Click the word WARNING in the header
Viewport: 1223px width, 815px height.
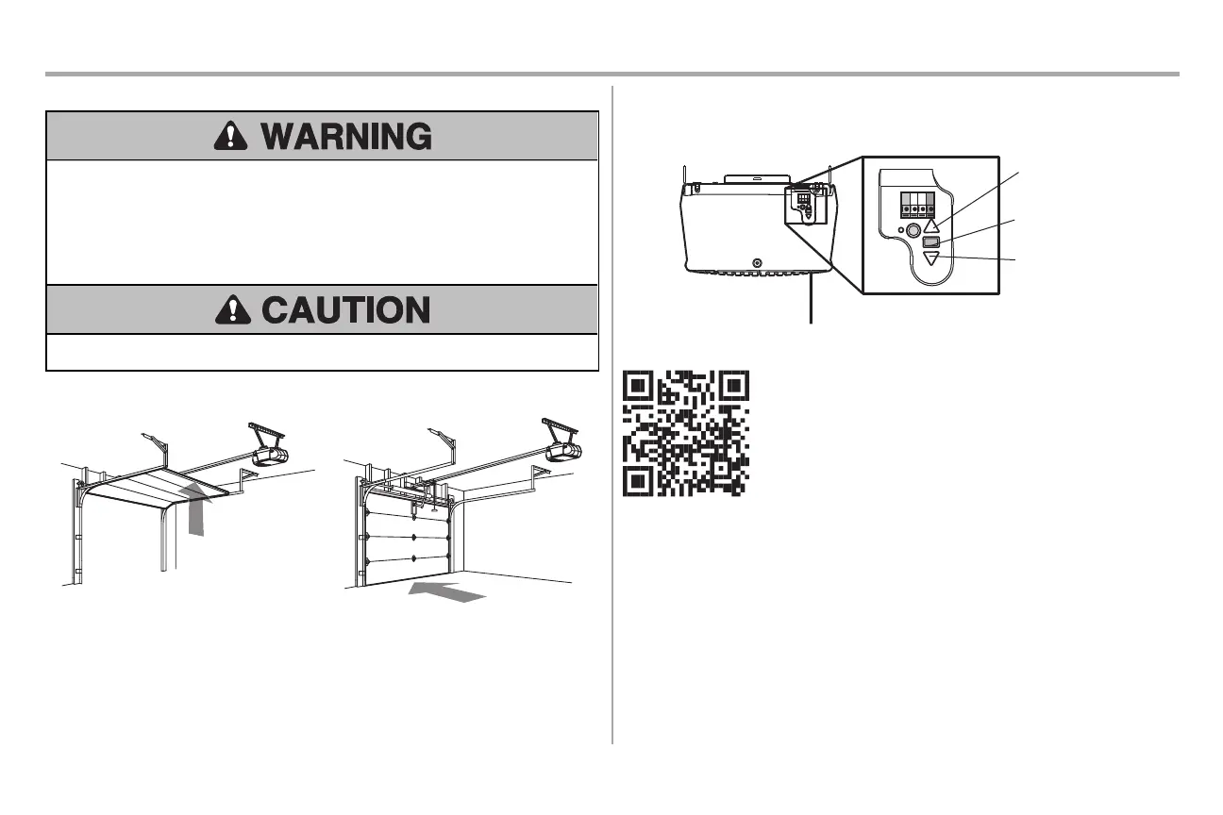(346, 137)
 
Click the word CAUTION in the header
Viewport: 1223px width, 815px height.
(345, 309)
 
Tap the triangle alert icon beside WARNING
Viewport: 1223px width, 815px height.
(231, 137)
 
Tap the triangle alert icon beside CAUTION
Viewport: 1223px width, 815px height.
(231, 309)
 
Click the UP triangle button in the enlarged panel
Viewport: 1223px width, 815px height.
(931, 225)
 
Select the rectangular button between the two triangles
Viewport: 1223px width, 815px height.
(931, 242)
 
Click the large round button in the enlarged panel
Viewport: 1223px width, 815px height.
(913, 229)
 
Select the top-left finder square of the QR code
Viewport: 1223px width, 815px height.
(639, 387)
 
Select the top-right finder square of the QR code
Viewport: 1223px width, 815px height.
(733, 387)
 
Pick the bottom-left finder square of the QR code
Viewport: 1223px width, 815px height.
(639, 479)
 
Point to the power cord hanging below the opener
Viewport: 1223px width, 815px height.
(811, 302)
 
